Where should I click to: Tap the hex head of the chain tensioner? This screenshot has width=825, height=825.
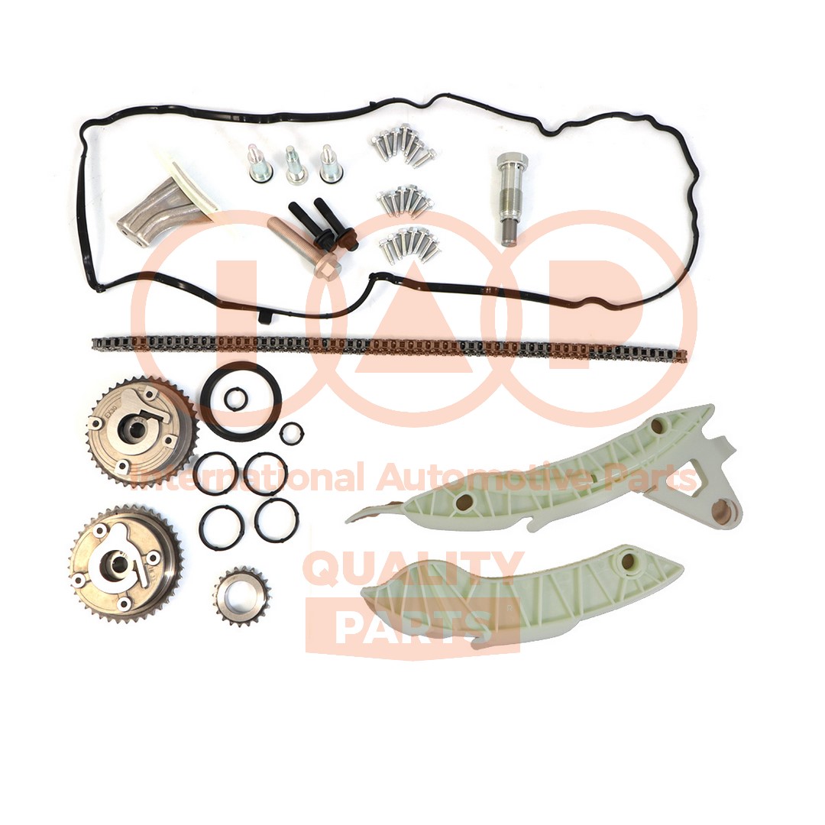[507, 160]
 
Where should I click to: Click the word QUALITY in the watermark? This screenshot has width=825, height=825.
[413, 569]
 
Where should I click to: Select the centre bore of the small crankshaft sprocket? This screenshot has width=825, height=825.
[240, 596]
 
